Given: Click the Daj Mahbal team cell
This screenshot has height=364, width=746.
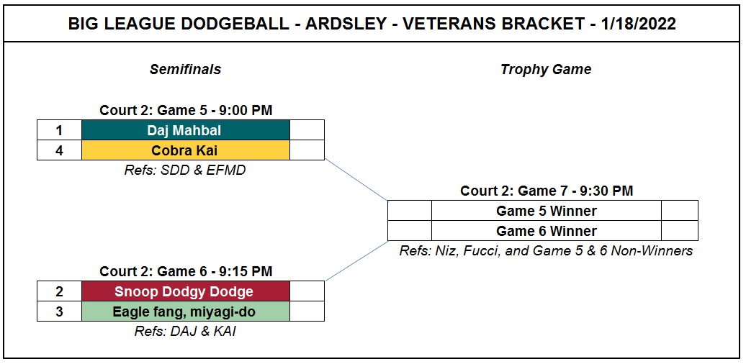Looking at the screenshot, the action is pos(186,129).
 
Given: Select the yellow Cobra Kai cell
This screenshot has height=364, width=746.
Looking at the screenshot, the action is pos(186,150).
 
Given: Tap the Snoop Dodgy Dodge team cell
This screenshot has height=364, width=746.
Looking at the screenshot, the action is pos(186,291).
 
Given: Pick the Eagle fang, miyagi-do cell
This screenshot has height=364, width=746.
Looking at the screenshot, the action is pos(186,311).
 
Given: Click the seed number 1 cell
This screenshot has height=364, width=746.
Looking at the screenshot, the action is pos(60,129).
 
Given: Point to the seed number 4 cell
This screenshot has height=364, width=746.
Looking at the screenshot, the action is pos(60,150).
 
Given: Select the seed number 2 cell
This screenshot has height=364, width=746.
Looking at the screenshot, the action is pos(60,291).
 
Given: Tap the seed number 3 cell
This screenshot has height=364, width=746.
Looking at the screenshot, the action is pos(60,311).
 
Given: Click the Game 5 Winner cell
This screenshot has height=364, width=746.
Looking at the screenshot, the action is pos(546,211).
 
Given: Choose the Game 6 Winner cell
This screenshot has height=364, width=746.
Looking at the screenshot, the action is pos(546,231).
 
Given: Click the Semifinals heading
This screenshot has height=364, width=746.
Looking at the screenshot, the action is pos(186,69).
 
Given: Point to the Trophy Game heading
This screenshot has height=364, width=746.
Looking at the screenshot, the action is pos(546,69).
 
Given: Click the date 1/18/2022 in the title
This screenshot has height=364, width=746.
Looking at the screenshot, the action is pos(639,24).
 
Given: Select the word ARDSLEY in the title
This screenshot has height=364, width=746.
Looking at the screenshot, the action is pos(346,24).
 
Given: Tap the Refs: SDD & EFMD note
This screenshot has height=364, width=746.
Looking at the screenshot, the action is pos(185,170).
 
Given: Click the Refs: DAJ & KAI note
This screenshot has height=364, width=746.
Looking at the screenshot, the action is pos(185,331).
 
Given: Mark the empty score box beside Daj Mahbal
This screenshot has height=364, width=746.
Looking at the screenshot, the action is pos(307,129).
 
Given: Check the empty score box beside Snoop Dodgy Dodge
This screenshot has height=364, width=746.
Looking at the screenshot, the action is pos(307,291).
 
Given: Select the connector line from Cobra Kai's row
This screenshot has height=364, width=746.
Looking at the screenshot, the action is pos(356,180).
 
